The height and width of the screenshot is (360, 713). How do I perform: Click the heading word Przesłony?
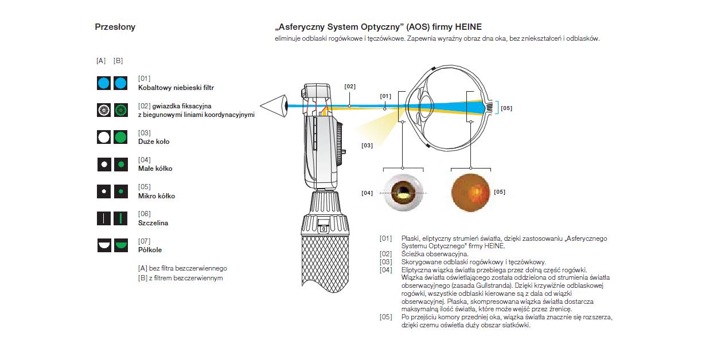tap(115, 27)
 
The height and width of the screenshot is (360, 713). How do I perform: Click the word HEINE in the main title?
tap(468, 27)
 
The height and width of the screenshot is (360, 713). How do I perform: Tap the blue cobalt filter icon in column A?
tap(103, 84)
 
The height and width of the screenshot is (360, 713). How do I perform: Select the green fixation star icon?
tap(120, 110)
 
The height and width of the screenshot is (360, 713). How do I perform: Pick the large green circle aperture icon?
tap(120, 137)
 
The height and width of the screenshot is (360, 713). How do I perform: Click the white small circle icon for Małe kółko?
tap(103, 165)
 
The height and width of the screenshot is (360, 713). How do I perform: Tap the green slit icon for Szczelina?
tap(120, 218)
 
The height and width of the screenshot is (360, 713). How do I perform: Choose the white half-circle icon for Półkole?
tap(103, 245)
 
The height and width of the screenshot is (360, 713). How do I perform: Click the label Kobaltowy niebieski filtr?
tap(176, 88)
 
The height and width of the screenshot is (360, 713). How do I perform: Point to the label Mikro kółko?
tap(157, 196)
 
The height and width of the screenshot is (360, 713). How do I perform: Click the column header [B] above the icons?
tap(118, 61)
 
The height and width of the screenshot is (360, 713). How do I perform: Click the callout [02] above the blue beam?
tap(350, 87)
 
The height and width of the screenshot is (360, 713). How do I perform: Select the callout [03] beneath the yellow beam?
tap(367, 146)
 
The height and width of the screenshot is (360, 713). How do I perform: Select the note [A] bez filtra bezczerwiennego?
tap(182, 268)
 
